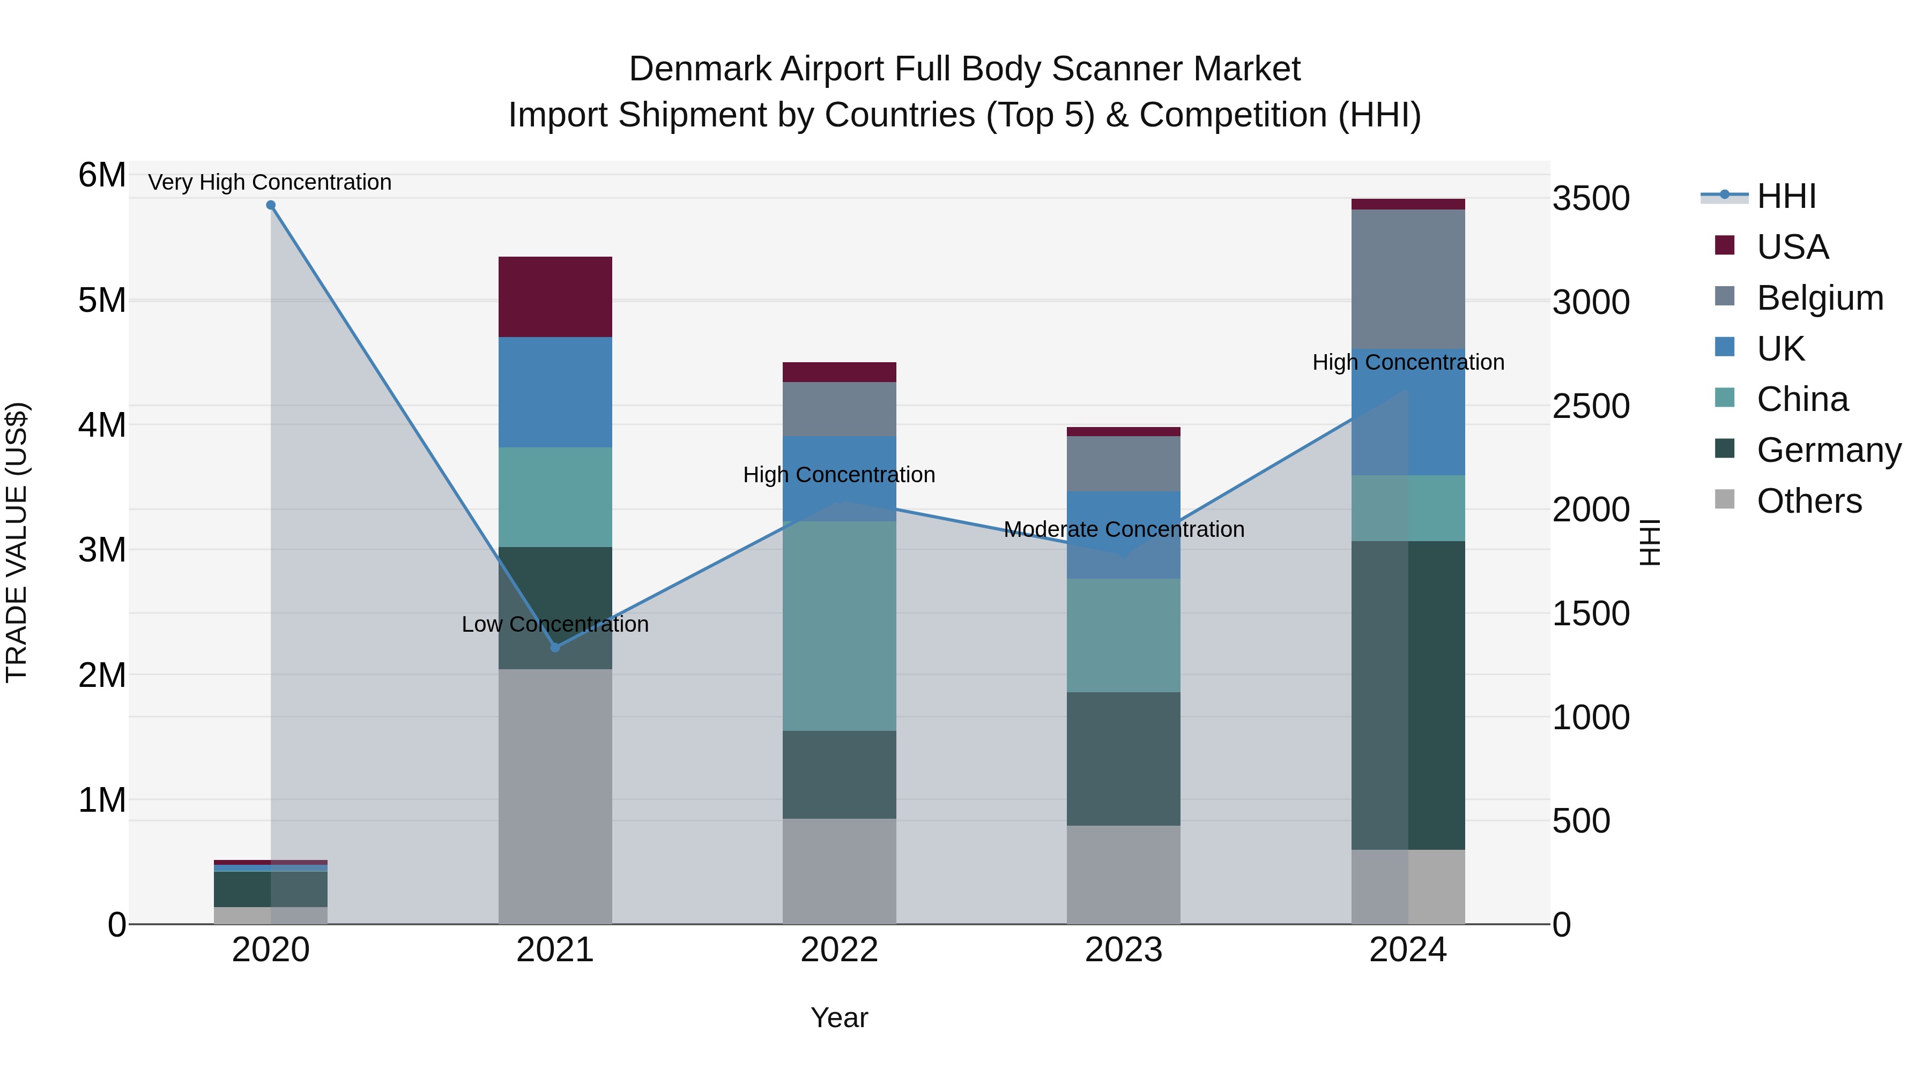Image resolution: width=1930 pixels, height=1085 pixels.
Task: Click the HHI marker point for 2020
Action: pyautogui.click(x=271, y=205)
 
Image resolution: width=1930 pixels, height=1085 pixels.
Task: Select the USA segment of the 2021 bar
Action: pyautogui.click(x=555, y=296)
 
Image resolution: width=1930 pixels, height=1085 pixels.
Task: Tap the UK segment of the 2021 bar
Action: pyautogui.click(x=555, y=392)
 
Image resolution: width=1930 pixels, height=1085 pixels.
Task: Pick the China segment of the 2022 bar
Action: pyautogui.click(x=839, y=625)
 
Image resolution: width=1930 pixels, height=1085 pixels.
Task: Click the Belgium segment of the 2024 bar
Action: pyautogui.click(x=1408, y=279)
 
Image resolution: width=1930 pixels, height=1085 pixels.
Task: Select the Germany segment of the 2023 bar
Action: pyautogui.click(x=1123, y=759)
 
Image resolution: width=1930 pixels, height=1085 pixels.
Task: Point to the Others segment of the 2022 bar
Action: pyautogui.click(x=839, y=871)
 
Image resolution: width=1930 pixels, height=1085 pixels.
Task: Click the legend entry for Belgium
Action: pyautogui.click(x=1819, y=298)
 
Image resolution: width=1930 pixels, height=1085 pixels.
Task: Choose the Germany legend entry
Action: pyautogui.click(x=1828, y=450)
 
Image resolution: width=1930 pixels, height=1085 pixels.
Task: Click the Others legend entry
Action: pyautogui.click(x=1809, y=501)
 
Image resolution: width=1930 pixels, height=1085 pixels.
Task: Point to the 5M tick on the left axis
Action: pyautogui.click(x=102, y=300)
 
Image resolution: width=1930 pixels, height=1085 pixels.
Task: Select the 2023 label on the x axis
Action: pyautogui.click(x=1123, y=950)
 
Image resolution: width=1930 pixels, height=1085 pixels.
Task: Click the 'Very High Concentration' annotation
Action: pyautogui.click(x=270, y=182)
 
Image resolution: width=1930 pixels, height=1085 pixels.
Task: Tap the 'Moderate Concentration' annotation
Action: pyautogui.click(x=1124, y=529)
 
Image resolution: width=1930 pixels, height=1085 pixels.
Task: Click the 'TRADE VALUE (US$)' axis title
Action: pyautogui.click(x=17, y=542)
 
